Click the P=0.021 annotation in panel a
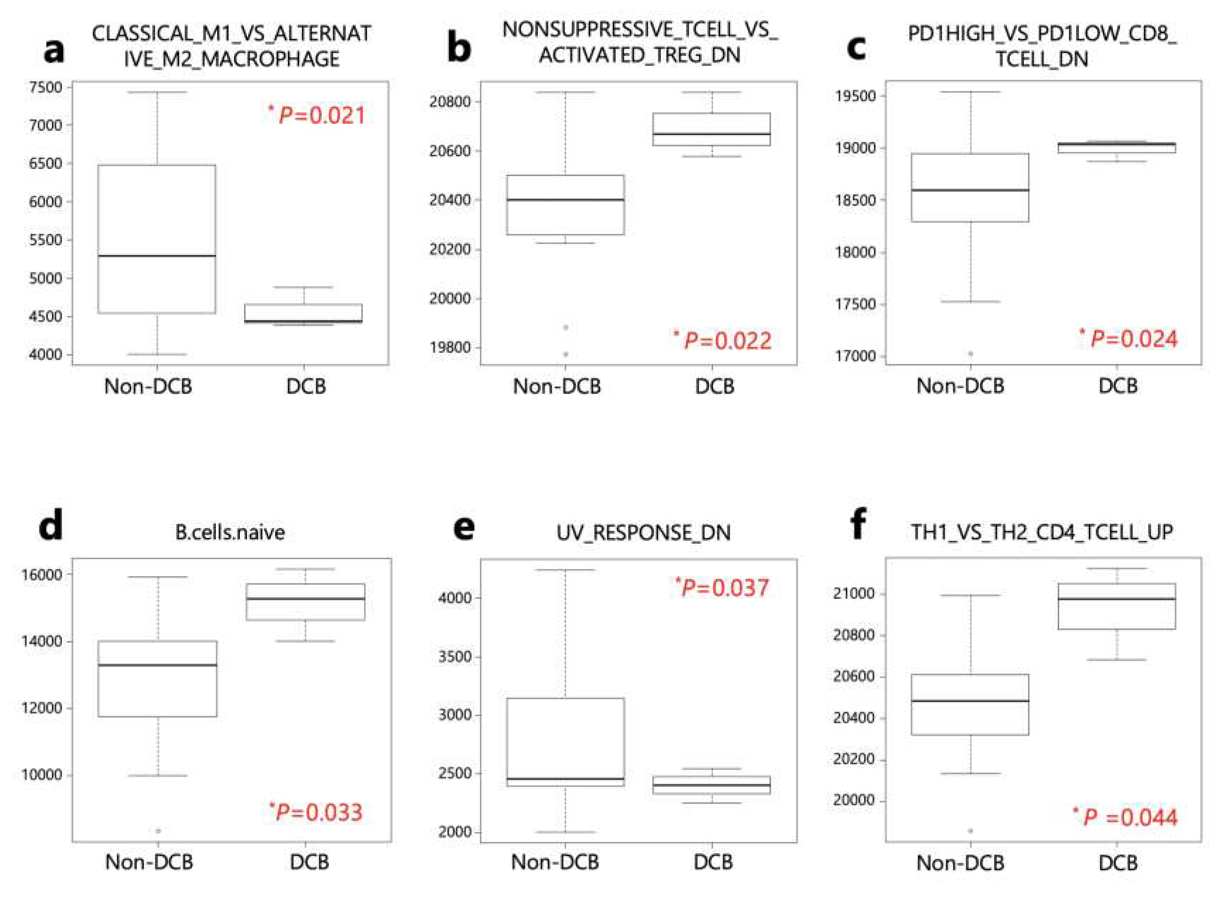(x=317, y=115)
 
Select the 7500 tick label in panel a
(x=45, y=87)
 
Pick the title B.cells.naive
(x=230, y=532)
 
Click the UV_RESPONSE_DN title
(x=643, y=532)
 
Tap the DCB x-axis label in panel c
(x=1118, y=386)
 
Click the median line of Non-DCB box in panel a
(x=157, y=255)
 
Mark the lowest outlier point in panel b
(x=565, y=354)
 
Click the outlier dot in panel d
(x=158, y=831)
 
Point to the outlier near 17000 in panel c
(x=971, y=354)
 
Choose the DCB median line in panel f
(x=1117, y=599)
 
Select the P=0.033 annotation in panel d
(x=316, y=812)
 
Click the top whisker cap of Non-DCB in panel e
(x=565, y=570)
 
